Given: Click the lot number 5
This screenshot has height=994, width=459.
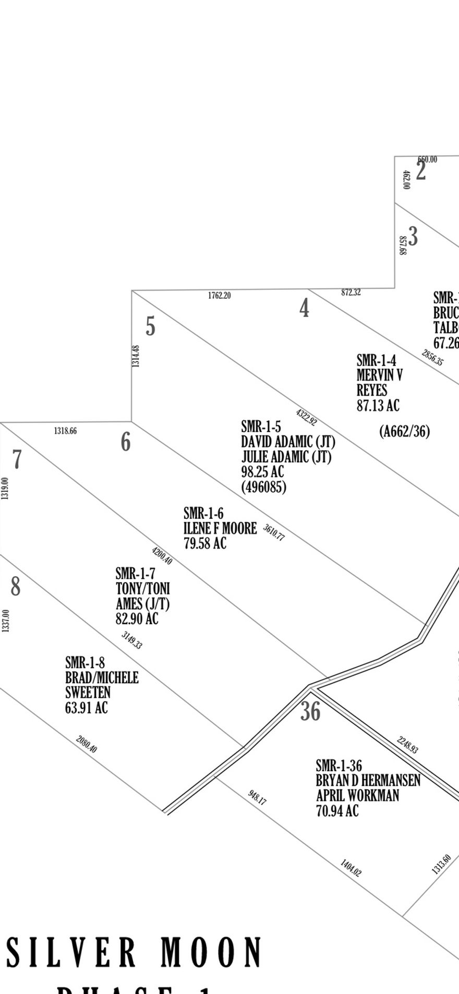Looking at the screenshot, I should click(x=150, y=327).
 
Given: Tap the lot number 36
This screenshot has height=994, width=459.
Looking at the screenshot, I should click(x=310, y=711).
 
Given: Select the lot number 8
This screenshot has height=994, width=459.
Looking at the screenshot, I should click(x=16, y=586).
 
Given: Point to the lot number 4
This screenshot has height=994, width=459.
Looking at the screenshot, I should click(x=304, y=308).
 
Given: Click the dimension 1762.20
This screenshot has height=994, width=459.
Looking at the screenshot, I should click(x=219, y=296).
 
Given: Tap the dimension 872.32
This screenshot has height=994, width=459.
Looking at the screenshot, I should click(x=351, y=293).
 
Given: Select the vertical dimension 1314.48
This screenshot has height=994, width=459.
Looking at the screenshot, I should click(x=136, y=356).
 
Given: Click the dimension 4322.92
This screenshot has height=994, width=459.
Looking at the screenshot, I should click(x=306, y=418).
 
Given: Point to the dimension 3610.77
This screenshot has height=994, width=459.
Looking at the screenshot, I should click(x=274, y=532).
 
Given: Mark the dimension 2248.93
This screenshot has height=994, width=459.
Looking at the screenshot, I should click(x=407, y=745).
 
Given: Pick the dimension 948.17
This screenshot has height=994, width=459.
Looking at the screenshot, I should click(x=257, y=797).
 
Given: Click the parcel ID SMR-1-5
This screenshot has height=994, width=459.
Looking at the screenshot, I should click(x=261, y=427).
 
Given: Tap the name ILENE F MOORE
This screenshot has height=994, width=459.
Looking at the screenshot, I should click(x=220, y=528).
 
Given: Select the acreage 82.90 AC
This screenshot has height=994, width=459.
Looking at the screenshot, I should click(x=137, y=619).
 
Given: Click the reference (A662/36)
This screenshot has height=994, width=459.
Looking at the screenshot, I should click(x=405, y=432).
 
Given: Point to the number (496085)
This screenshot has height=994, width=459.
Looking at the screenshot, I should click(x=263, y=487).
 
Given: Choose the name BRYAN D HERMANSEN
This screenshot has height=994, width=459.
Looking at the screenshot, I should click(x=368, y=781).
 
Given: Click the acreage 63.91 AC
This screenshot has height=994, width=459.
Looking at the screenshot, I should click(x=87, y=708).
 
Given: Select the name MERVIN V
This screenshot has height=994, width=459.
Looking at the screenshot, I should click(x=379, y=375).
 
